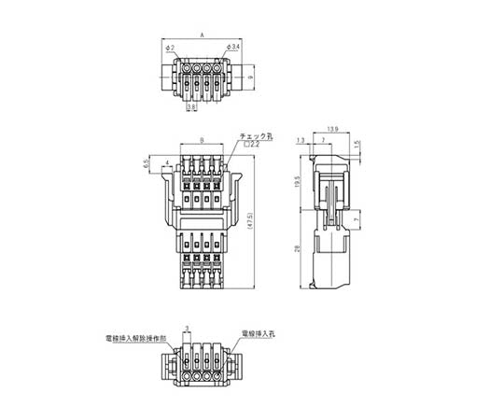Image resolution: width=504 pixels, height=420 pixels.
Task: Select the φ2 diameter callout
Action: pos(168,47)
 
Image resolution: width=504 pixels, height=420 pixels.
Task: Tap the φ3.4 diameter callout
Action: pos(234,47)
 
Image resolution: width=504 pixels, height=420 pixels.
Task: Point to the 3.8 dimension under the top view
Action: pos(190,108)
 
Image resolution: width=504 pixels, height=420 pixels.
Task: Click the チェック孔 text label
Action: pos(257,135)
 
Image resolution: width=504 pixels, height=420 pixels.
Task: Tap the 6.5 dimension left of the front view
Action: pos(147,163)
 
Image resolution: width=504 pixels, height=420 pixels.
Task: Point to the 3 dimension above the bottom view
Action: pos(188,328)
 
